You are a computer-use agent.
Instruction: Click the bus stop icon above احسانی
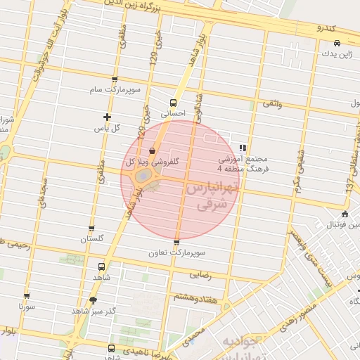(173, 103)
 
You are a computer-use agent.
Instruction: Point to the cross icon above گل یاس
(107, 117)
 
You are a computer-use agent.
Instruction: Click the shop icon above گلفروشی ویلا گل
(153, 150)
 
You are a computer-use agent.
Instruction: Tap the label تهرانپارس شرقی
(213, 198)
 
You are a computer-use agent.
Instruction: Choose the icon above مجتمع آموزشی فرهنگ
(243, 148)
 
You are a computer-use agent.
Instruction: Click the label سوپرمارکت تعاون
(176, 252)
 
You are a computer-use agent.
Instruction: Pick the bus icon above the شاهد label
(101, 267)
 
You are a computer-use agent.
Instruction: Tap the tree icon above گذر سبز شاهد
(93, 300)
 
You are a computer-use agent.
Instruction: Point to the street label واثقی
(272, 103)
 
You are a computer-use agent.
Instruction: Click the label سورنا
(27, 307)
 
